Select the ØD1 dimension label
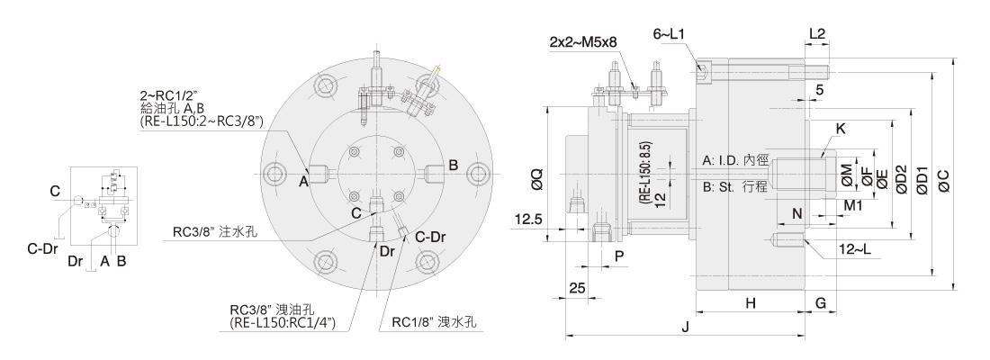922,179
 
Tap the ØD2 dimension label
901,179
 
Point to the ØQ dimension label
536,179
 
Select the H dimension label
750,303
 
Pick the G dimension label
821,303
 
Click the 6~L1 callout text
670,35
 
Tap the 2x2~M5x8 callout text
583,42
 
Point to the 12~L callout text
855,250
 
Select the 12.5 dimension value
528,220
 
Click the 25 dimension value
577,288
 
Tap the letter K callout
840,129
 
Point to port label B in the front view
453,166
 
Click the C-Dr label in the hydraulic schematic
41,248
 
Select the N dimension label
796,213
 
